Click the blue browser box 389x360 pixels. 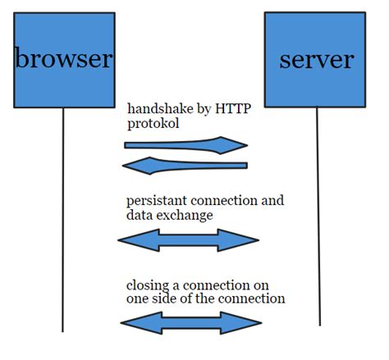pos(64,60)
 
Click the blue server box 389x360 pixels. pos(315,60)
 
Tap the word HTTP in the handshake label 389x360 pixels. pos(233,108)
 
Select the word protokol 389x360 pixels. pos(153,123)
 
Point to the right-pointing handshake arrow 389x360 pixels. pos(186,145)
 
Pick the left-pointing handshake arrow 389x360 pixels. pos(185,166)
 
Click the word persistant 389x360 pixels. pos(156,201)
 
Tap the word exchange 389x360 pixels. pos(185,215)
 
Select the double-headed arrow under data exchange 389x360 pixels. pos(189,240)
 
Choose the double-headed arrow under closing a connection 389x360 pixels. pos(191,323)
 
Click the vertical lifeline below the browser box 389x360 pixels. pos(63,220)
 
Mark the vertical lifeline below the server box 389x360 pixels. pos(318,216)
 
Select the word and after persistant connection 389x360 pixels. pos(272,200)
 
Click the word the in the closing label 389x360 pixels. pos(206,298)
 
